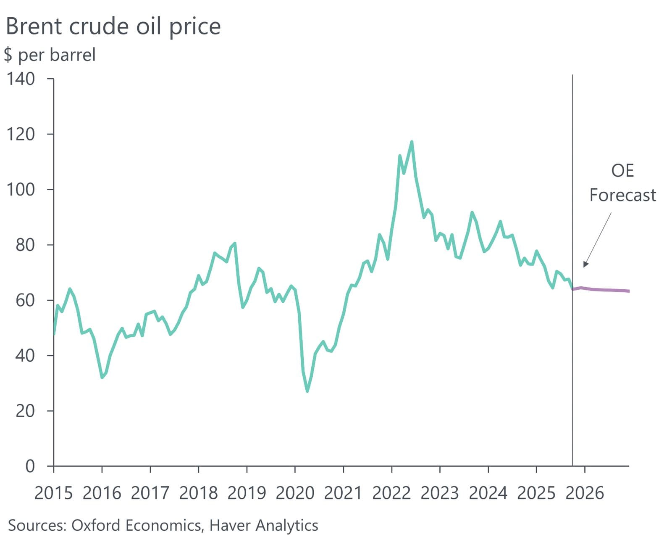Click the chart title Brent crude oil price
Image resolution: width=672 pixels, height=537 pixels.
tap(113, 26)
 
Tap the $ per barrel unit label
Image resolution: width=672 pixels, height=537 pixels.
tap(50, 55)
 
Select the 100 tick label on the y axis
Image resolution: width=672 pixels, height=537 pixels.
tap(21, 189)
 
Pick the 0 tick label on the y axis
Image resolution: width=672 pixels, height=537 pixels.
tap(30, 466)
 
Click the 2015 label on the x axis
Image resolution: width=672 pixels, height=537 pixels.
tap(53, 493)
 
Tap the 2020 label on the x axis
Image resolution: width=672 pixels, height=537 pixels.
tap(295, 493)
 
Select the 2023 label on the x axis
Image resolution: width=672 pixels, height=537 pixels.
tap(440, 493)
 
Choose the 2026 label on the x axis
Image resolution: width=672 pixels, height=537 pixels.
tap(585, 493)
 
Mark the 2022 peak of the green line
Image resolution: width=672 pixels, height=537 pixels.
tap(412, 142)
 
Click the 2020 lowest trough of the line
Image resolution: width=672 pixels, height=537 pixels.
tap(307, 391)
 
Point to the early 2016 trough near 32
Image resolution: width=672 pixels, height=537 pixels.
tap(102, 377)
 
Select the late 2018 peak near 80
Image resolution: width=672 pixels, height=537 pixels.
tap(234, 243)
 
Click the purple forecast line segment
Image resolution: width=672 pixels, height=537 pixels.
tap(605, 290)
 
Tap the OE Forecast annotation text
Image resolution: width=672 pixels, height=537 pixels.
tap(622, 183)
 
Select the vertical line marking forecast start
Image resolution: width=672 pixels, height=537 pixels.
tap(572, 168)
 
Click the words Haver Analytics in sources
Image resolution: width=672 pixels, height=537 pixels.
tap(263, 525)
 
